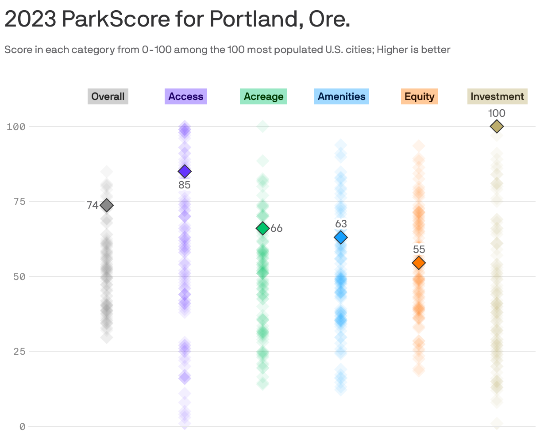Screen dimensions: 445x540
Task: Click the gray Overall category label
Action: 108,96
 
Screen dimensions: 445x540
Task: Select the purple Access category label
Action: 185,96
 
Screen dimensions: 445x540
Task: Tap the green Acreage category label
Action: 263,96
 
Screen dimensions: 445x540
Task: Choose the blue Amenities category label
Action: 341,96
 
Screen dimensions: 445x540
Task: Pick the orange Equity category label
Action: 419,96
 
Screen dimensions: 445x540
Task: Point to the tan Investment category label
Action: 497,96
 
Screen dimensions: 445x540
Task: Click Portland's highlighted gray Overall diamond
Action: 107,205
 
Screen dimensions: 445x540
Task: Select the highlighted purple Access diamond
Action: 185,171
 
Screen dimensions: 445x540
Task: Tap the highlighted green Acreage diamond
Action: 262,228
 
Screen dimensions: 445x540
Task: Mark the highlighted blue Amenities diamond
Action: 340,238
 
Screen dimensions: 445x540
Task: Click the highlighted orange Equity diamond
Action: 419,263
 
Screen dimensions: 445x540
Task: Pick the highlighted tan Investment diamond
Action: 497,127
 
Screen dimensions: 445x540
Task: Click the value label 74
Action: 93,205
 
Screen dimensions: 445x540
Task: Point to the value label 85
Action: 185,185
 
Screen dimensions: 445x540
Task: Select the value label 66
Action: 277,228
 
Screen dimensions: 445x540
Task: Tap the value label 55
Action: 419,249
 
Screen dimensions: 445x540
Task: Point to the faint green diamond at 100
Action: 262,127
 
